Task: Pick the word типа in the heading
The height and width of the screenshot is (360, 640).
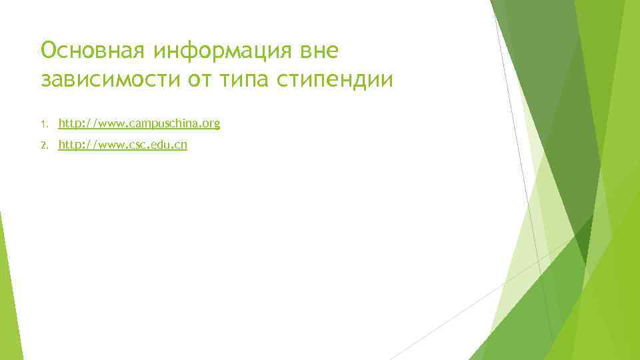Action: [x=252, y=80]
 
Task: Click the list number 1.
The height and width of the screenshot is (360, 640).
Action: [x=43, y=124]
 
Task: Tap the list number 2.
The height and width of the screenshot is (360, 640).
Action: [x=43, y=145]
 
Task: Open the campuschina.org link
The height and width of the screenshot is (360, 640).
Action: [x=139, y=123]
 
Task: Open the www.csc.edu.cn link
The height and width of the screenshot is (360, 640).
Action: [x=123, y=145]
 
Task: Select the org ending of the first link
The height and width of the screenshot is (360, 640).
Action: [x=212, y=124]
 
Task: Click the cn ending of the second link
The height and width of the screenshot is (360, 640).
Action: [x=181, y=145]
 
